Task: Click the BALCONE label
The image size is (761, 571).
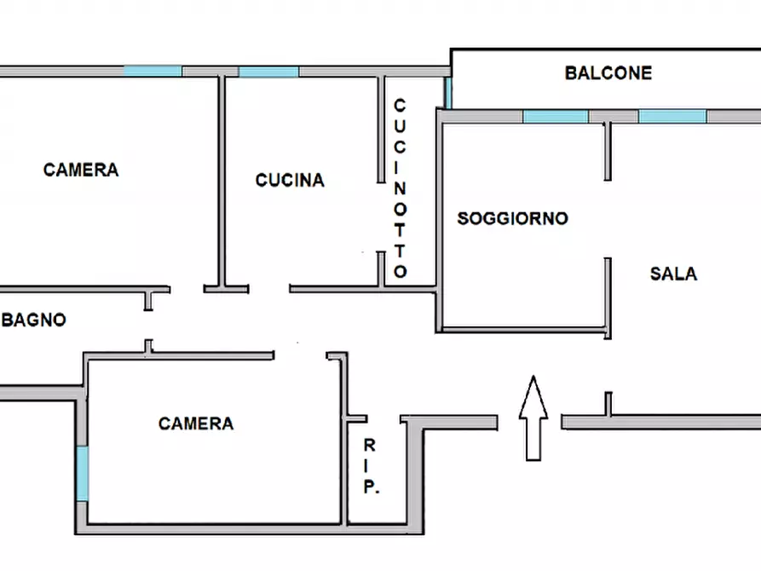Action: [x=608, y=73]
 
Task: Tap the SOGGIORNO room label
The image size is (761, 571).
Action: [x=512, y=218]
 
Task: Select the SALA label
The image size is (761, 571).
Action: [x=673, y=274]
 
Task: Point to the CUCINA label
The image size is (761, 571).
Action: [x=290, y=180]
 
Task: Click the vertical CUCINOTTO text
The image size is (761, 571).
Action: [x=400, y=188]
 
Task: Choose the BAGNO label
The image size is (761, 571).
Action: [x=33, y=320]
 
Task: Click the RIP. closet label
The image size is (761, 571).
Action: [x=371, y=465]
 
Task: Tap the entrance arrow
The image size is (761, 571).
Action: [x=533, y=418]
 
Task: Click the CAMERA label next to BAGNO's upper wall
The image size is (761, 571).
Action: [x=81, y=170]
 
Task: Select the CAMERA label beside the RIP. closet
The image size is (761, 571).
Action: [x=196, y=424]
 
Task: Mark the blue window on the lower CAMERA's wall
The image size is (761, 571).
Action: [x=83, y=474]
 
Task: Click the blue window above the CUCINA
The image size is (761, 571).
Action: [x=268, y=72]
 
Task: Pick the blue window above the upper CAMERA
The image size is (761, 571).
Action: [x=153, y=71]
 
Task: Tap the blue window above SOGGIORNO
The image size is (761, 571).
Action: [x=556, y=117]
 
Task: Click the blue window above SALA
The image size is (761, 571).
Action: [x=672, y=117]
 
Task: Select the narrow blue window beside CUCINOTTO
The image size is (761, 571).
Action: [x=448, y=93]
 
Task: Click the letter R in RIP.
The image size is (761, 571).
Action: [x=369, y=445]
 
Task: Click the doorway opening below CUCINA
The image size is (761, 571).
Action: [x=269, y=290]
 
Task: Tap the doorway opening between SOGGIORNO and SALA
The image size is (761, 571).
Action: [x=607, y=219]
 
